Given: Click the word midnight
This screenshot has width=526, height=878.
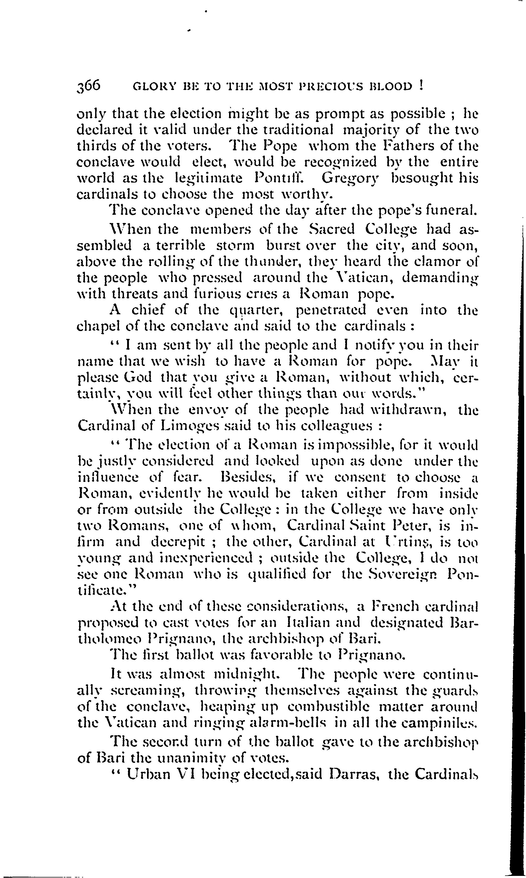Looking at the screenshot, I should click(248, 673).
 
